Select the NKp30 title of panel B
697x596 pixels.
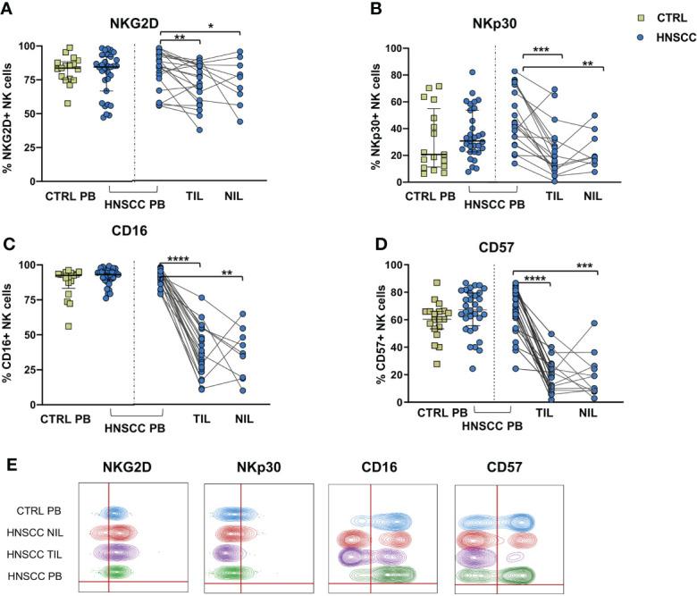tap(498, 15)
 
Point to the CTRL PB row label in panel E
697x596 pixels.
tap(44, 510)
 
